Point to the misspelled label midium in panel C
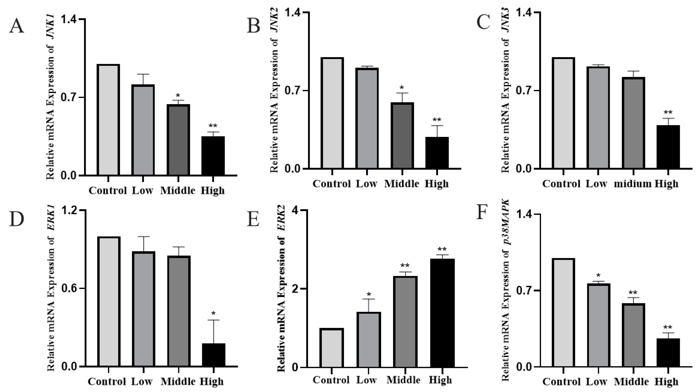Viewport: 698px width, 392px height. click(x=633, y=184)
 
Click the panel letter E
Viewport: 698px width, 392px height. click(x=253, y=219)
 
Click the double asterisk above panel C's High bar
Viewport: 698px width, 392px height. click(x=668, y=113)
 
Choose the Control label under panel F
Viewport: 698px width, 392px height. click(x=562, y=382)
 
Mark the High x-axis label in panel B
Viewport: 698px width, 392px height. click(x=437, y=184)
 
